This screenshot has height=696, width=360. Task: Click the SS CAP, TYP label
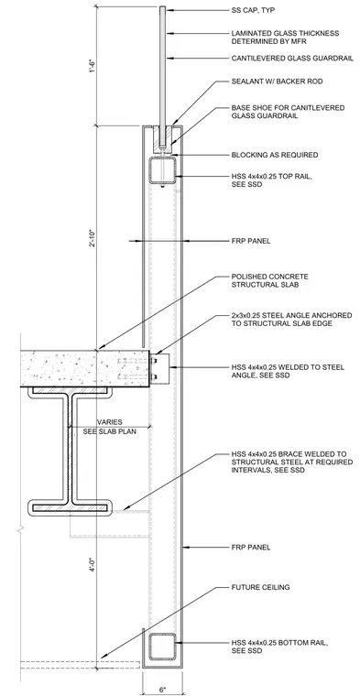coord(253,10)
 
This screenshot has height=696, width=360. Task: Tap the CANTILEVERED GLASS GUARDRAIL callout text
coord(292,58)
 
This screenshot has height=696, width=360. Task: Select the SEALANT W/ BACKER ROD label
coord(277,82)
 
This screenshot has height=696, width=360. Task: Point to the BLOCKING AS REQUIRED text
coord(275,155)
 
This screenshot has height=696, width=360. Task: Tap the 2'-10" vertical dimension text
coord(93,238)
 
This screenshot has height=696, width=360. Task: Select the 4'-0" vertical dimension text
coord(93,568)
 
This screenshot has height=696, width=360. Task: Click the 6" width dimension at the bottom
coord(163,690)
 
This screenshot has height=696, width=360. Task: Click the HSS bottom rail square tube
coord(162,647)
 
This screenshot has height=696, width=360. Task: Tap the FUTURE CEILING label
coord(260,587)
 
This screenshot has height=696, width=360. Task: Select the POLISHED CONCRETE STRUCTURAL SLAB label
coord(270,280)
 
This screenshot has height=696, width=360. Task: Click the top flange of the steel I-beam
coord(70,391)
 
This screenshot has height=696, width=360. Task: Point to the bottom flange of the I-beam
coord(70,507)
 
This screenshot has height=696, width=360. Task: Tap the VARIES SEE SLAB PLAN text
coord(109,427)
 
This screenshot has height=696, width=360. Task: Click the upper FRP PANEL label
coord(251,241)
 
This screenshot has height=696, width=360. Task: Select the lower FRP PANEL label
coord(251,548)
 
